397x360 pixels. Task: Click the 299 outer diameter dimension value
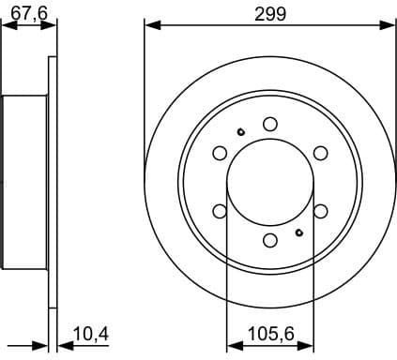[x=270, y=13]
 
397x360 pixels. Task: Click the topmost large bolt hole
[x=270, y=124]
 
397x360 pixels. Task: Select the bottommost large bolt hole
[x=270, y=241]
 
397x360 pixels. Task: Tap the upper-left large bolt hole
[x=220, y=153]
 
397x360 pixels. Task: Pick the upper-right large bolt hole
[x=321, y=153]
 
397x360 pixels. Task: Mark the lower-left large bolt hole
[x=220, y=211]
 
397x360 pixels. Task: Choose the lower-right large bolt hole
[x=321, y=211]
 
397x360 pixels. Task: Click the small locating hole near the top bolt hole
[x=241, y=131]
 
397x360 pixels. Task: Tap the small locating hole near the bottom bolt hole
[x=299, y=232]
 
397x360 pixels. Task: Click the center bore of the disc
[x=270, y=182]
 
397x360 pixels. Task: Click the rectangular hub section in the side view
[x=24, y=182]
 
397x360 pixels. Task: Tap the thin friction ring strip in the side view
[x=53, y=182]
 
